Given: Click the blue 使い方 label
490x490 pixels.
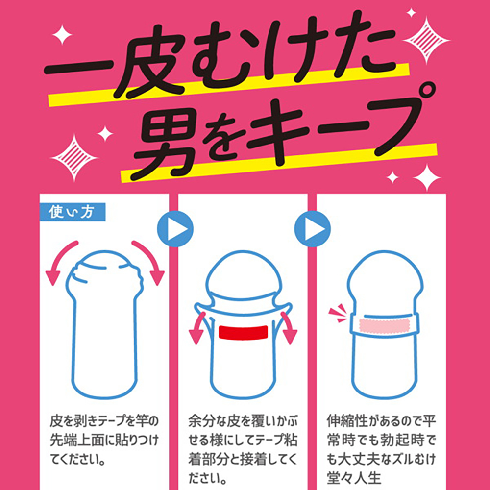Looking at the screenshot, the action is pyautogui.click(x=73, y=212).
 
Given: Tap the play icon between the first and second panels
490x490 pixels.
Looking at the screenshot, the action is pyautogui.click(x=175, y=229).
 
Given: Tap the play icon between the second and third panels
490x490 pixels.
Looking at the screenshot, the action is pyautogui.click(x=313, y=229).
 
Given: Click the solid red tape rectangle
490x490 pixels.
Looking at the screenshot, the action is pyautogui.click(x=244, y=332).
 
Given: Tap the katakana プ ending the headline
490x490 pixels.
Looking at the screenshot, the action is pyautogui.click(x=403, y=122).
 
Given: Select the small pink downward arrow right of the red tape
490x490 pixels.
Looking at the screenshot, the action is pyautogui.click(x=288, y=328).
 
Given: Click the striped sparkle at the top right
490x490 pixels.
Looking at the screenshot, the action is pyautogui.click(x=426, y=41).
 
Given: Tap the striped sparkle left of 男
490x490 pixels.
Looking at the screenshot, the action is pyautogui.click(x=74, y=158).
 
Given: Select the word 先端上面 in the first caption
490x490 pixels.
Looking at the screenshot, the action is pyautogui.click(x=77, y=441).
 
